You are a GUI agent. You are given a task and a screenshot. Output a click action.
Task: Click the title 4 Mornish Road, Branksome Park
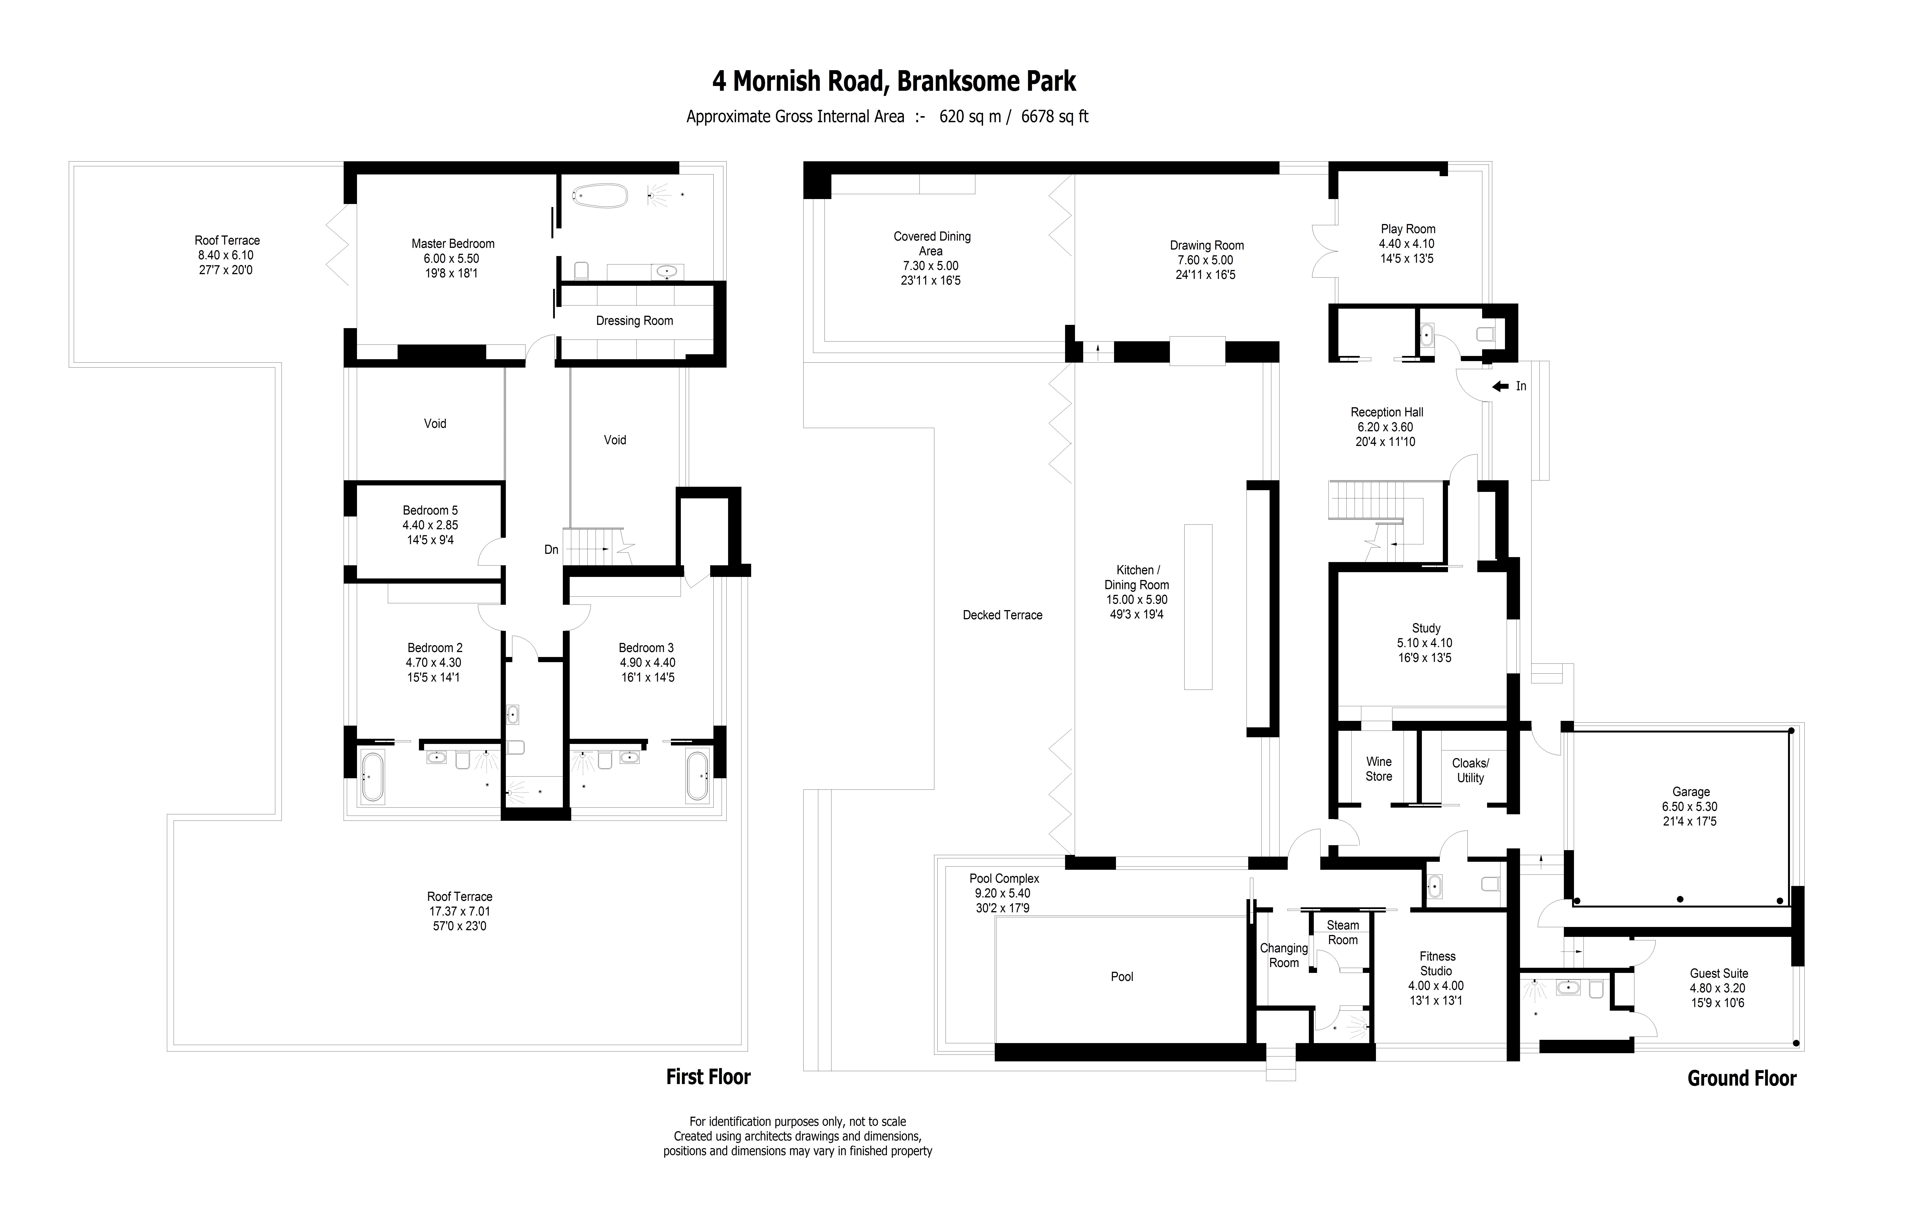[894, 82]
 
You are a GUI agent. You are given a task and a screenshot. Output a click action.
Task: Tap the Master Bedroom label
[453, 244]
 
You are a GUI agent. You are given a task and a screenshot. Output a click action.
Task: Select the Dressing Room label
[634, 321]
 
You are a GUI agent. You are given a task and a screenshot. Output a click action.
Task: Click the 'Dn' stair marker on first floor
[551, 550]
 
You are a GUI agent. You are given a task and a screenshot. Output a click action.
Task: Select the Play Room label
[1408, 229]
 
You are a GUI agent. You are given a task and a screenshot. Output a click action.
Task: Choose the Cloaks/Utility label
[1470, 771]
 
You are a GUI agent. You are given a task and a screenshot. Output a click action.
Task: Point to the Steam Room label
[1343, 932]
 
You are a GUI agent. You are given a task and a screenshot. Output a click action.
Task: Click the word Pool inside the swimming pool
[1122, 977]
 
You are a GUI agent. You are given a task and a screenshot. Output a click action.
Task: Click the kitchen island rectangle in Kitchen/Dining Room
[1198, 607]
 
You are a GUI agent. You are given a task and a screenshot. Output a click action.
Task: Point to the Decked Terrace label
[1003, 616]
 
